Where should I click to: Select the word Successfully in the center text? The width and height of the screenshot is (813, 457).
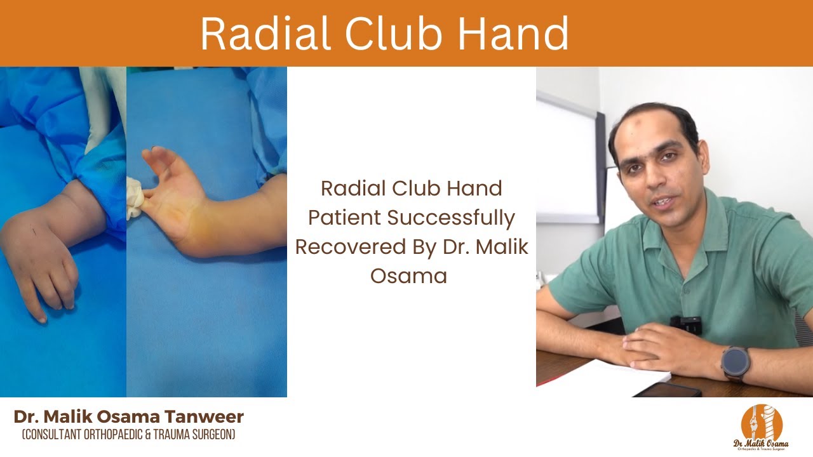[452, 218]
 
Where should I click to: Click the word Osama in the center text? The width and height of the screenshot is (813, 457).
[411, 276]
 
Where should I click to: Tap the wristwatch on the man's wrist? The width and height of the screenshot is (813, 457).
[736, 364]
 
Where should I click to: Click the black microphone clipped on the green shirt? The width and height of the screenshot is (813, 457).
[686, 324]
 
